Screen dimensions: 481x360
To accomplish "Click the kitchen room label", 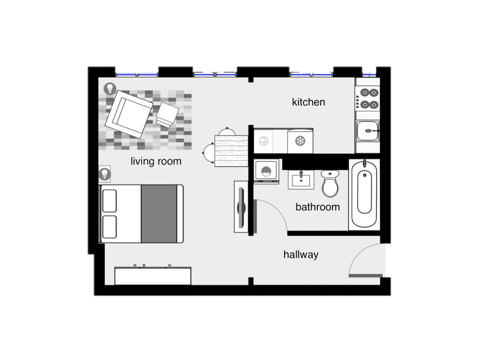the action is pos(308,102).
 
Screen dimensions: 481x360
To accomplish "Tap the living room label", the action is pos(156,161).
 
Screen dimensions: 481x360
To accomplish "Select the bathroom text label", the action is pos(317,207).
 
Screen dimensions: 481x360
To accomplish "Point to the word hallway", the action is pos(300,254).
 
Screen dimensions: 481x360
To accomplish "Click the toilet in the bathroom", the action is pos(330,184).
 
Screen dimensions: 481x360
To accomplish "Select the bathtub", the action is pos(364,194).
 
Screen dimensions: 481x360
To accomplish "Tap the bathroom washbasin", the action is pos(301,180).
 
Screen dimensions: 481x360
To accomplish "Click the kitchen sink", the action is pos(367,131).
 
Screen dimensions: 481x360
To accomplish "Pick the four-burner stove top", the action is pos(367,98).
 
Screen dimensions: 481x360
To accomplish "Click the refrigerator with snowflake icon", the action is pos(300,141).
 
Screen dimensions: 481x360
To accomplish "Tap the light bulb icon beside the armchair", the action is pos(110,89).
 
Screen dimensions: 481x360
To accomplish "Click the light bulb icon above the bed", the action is pos(105,174).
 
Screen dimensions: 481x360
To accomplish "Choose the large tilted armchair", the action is pos(129,114).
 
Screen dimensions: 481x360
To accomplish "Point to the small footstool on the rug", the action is pos(167,115).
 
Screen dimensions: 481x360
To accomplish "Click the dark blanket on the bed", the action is pos(159,214).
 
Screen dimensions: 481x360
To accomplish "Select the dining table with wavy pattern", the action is pos(231,151).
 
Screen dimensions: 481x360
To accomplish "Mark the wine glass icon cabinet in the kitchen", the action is pos(264,141).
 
